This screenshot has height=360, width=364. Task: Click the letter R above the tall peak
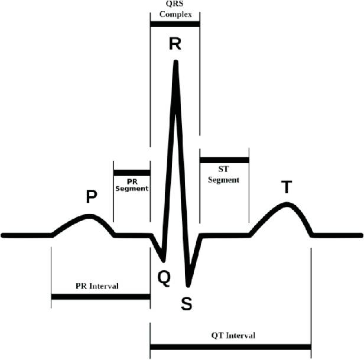point(175,44)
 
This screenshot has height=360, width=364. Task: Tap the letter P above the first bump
point(92,196)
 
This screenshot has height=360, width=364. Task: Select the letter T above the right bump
point(287,187)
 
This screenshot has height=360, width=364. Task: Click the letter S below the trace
point(187,304)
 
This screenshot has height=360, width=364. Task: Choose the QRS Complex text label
point(175,9)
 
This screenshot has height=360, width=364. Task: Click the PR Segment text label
point(132,185)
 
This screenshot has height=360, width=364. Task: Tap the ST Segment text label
point(223,174)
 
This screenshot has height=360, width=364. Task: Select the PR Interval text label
point(97,286)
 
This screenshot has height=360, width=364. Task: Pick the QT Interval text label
point(233,336)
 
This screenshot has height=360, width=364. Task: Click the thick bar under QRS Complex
point(175,24)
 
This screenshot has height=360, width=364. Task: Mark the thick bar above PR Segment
point(132,173)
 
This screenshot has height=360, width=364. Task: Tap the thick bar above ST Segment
point(225,160)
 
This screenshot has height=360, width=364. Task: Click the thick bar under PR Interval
point(100,297)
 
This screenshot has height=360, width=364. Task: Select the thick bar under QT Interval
point(230,347)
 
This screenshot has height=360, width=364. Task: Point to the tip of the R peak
point(176,61)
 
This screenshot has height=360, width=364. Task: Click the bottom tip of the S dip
point(188,285)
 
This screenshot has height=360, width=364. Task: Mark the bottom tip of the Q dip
point(164,261)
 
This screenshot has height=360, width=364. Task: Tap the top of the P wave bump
point(89,216)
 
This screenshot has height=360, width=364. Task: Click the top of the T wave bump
point(287,205)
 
